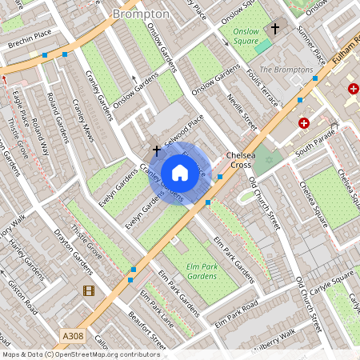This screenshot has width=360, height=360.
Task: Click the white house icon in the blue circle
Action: coord(180,172)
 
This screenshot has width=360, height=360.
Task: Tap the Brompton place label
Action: coord(141,14)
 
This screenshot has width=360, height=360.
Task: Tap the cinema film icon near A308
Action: coord(88,290)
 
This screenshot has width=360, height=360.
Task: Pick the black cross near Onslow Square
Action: coord(275,29)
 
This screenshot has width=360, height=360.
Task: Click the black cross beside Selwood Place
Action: coord(156,150)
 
